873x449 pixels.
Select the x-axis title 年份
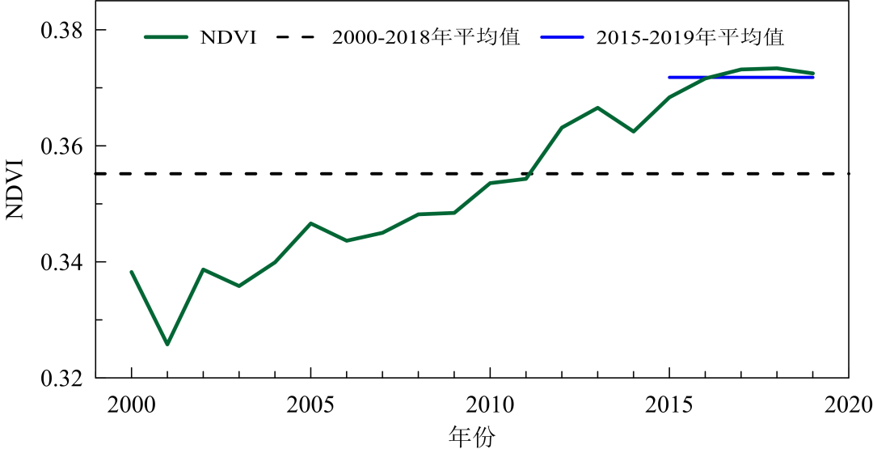click(x=472, y=436)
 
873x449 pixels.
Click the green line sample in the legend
click(x=167, y=37)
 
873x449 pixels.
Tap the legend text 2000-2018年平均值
click(x=425, y=37)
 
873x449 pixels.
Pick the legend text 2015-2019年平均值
click(x=690, y=37)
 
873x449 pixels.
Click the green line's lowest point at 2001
click(x=167, y=345)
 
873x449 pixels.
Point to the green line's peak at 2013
click(x=597, y=108)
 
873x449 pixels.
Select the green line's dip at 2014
click(x=633, y=131)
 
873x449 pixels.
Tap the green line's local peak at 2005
click(x=310, y=223)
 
